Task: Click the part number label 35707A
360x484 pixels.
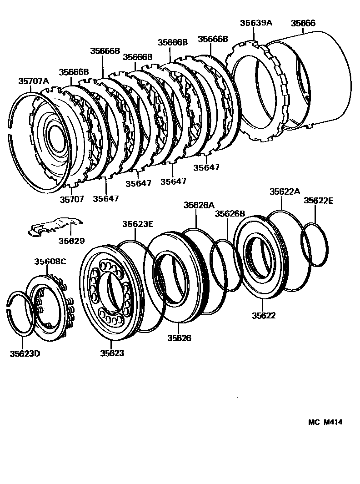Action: [33, 81]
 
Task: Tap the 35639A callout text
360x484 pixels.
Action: [255, 23]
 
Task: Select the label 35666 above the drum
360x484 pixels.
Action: [303, 23]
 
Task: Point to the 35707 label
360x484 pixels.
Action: [72, 199]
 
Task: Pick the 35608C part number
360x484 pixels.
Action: [50, 262]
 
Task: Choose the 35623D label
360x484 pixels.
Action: [25, 353]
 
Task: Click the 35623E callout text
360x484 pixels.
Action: [137, 223]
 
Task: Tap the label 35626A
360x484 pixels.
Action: [199, 205]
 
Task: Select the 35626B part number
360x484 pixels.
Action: [230, 213]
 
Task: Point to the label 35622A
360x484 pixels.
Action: [285, 192]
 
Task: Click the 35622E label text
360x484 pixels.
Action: [319, 200]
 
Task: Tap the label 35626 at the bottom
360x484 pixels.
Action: [179, 338]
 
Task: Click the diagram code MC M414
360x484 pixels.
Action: [325, 422]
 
